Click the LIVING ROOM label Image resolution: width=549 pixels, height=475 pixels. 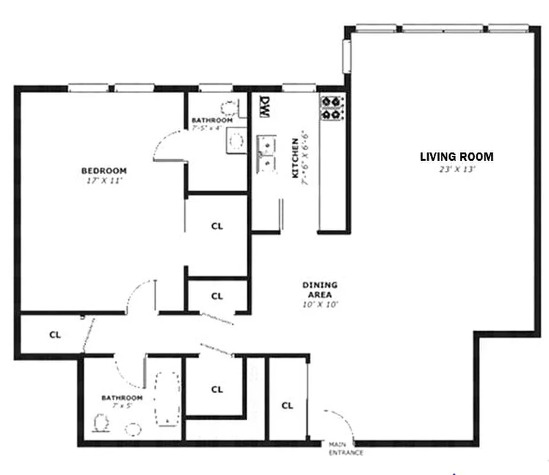(456, 157)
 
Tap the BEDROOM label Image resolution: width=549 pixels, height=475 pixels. (104, 171)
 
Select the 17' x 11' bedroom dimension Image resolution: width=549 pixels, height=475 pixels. (104, 180)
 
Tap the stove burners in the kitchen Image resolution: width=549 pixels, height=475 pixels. (332, 107)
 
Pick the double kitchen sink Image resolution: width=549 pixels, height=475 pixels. (266, 154)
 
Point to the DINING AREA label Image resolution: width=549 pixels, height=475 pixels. (320, 289)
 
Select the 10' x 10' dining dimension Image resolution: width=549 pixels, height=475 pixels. (320, 305)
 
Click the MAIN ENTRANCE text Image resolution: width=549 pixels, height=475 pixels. (345, 448)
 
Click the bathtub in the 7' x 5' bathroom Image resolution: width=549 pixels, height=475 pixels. (167, 398)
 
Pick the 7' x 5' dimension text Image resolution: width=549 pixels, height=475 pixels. (121, 406)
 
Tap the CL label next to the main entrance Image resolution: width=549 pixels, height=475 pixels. (288, 406)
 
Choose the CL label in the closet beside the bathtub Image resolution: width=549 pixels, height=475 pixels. (217, 389)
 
